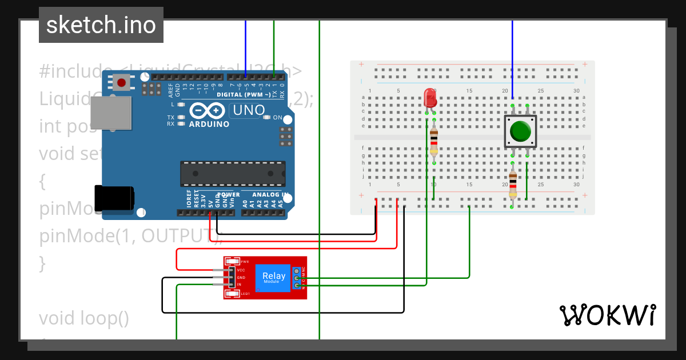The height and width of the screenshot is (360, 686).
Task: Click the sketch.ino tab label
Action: (101, 25)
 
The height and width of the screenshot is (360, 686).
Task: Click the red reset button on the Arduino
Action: (121, 83)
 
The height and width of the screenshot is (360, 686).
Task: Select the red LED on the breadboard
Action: (429, 98)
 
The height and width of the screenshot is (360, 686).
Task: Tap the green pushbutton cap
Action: (520, 131)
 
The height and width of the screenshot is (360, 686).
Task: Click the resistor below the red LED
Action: (434, 142)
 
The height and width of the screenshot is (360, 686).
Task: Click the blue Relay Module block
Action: (273, 278)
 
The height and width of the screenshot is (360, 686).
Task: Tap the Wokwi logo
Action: (607, 315)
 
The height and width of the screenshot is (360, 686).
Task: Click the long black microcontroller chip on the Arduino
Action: (233, 174)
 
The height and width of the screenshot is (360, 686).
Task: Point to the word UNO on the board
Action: (248, 110)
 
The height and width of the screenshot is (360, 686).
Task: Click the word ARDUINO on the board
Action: (209, 124)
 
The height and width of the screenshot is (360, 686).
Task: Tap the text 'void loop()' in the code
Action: (84, 318)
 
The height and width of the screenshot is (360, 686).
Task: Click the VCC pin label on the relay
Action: (241, 270)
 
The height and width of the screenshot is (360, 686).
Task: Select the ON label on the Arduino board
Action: (278, 118)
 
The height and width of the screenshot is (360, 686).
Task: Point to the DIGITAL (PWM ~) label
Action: (244, 94)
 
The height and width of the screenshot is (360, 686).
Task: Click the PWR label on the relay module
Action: (245, 261)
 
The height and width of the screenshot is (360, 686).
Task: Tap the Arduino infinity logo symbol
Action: (209, 110)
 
